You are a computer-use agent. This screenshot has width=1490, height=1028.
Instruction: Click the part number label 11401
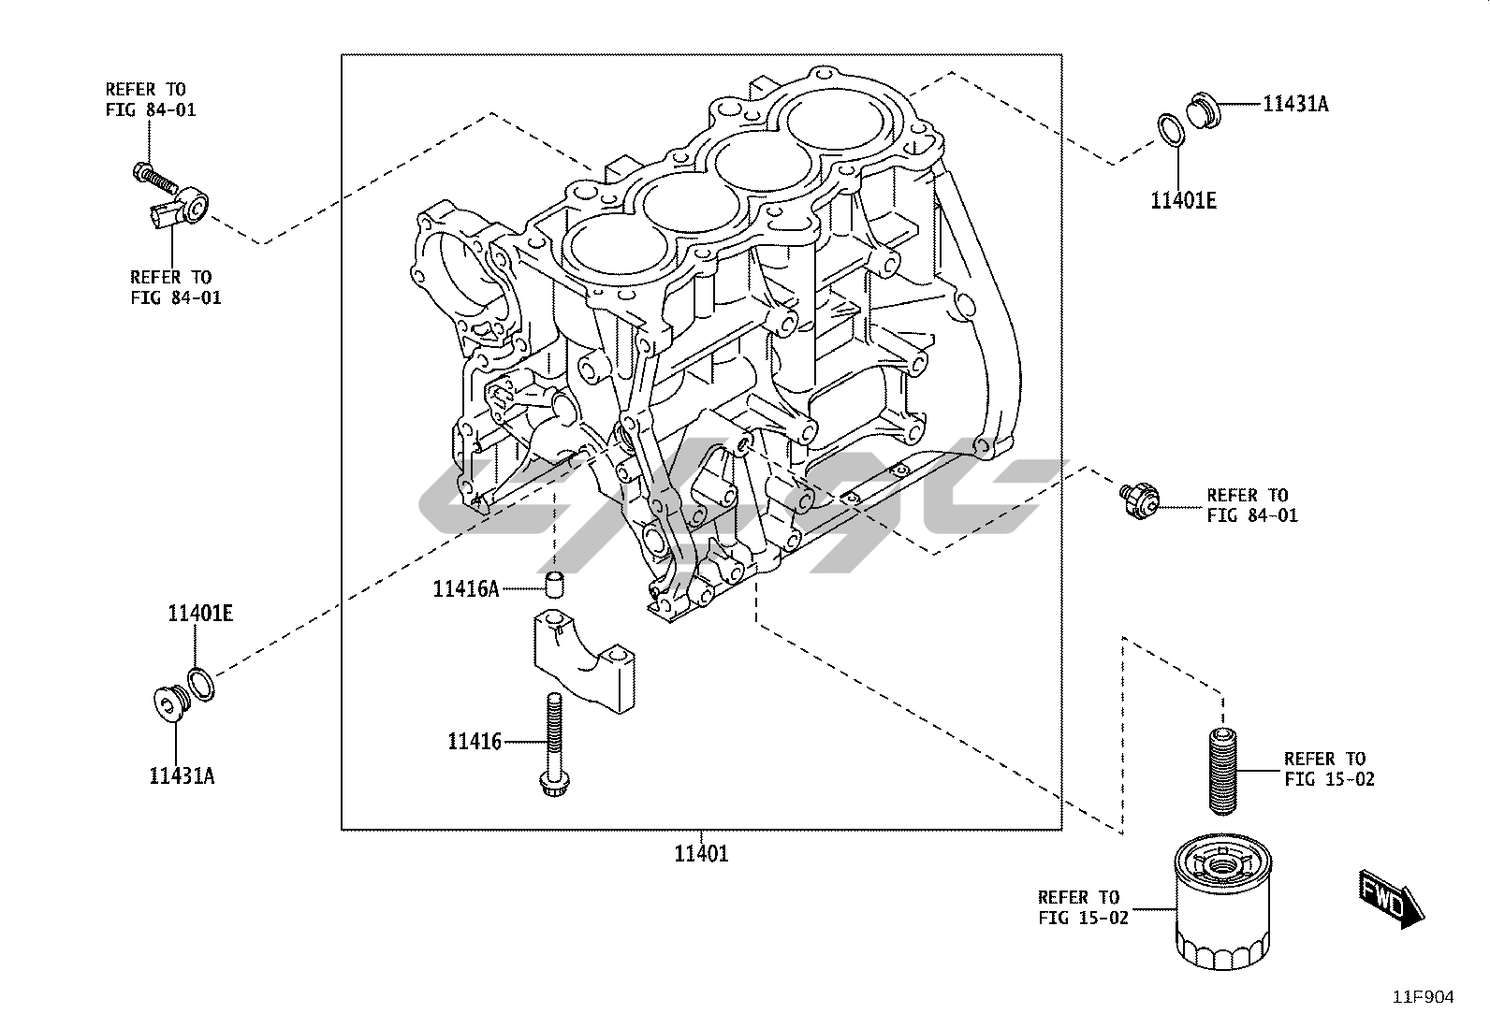(701, 853)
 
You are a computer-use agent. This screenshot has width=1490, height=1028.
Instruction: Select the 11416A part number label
(465, 588)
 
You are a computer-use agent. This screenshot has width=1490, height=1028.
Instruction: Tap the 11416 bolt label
(475, 742)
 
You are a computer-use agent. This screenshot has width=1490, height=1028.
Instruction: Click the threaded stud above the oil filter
(1220, 769)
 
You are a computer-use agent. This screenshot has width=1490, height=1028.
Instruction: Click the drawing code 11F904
(1424, 997)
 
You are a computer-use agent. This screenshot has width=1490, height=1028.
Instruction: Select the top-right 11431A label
(1295, 104)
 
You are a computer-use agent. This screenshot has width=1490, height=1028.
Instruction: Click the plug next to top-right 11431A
(1205, 110)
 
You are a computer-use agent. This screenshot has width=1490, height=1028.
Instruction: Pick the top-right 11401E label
(1183, 199)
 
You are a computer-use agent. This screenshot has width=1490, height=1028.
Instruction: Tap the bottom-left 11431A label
(182, 775)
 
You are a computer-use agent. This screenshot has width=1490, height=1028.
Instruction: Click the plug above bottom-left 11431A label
(168, 702)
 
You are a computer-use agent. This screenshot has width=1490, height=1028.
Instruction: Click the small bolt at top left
(154, 176)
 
